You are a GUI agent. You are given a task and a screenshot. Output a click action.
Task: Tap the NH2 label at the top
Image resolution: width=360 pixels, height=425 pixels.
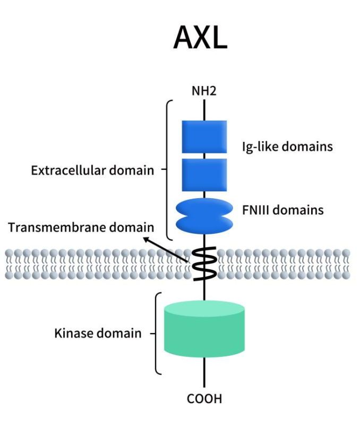[204, 91]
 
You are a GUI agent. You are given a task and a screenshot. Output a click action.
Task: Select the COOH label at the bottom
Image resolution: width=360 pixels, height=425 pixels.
[204, 398]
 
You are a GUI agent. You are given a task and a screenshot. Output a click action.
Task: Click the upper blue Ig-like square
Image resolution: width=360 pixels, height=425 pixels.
[204, 137]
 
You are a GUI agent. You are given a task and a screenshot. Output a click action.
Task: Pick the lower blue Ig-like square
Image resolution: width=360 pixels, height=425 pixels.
[204, 175]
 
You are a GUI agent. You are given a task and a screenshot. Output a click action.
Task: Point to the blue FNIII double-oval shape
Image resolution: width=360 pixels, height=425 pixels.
[204, 216]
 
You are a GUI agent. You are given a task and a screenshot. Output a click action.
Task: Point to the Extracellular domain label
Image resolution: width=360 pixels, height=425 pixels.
[92, 171]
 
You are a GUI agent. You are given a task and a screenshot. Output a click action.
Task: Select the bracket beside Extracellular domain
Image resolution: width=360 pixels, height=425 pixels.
[169, 170]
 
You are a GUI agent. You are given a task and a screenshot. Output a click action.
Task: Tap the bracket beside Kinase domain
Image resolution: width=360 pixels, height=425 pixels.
[157, 333]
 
